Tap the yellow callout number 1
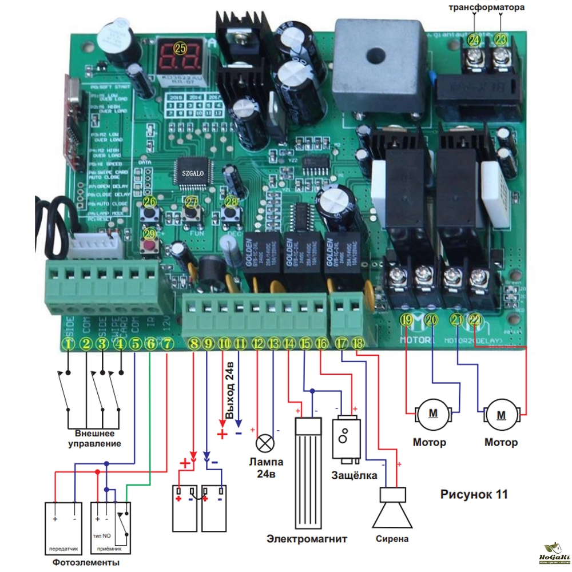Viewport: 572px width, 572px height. click(x=69, y=344)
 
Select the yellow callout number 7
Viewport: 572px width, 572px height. click(x=166, y=344)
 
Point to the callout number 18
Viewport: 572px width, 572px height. click(x=358, y=344)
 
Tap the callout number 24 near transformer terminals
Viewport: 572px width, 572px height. click(x=474, y=39)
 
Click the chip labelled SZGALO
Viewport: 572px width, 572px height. click(x=193, y=172)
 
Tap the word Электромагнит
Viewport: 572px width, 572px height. click(x=307, y=539)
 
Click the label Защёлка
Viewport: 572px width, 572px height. click(x=355, y=475)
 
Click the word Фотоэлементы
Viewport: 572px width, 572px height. click(x=82, y=563)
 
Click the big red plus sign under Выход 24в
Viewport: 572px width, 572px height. click(x=222, y=434)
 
